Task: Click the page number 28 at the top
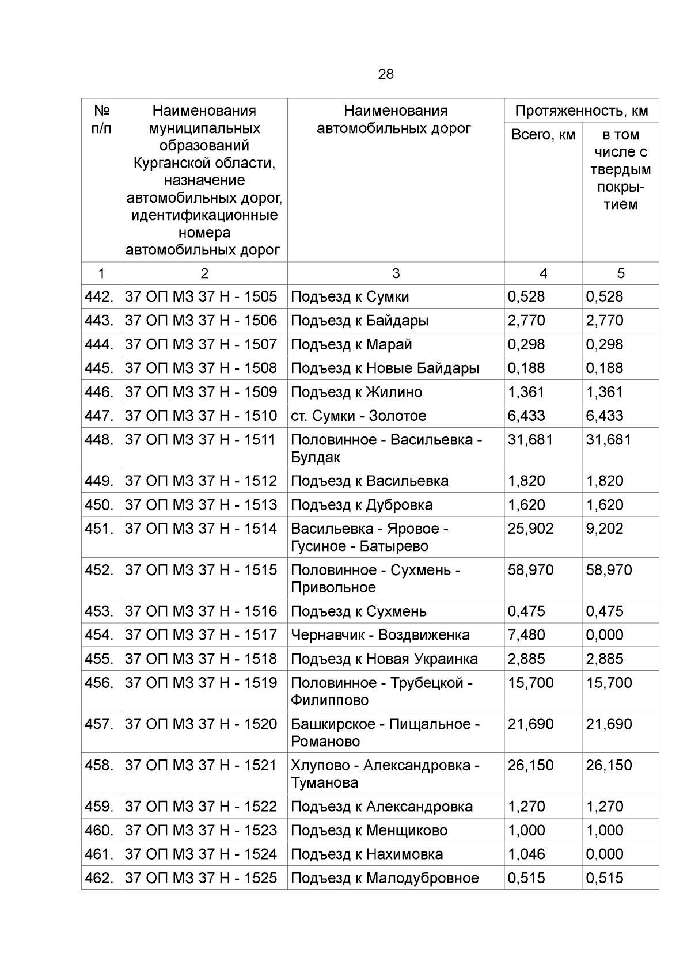click(x=386, y=74)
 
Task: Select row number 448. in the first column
click(x=99, y=440)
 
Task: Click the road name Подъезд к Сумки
click(x=350, y=297)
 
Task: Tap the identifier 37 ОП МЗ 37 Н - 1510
click(x=200, y=416)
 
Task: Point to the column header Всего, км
click(x=543, y=135)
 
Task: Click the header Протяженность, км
click(x=582, y=111)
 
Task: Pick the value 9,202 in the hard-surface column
click(x=604, y=529)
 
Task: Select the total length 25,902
click(x=530, y=529)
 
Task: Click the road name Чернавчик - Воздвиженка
click(x=380, y=635)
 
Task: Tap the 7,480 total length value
click(x=526, y=635)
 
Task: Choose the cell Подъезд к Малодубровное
click(x=385, y=878)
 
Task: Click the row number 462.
click(x=99, y=878)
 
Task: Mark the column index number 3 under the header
click(x=396, y=273)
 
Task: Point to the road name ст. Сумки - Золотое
click(x=358, y=416)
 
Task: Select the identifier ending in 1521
click(x=200, y=765)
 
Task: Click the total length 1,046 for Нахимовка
click(x=526, y=854)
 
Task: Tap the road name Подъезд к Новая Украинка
click(x=384, y=659)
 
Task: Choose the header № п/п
click(x=101, y=119)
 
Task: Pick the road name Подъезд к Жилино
click(x=356, y=392)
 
